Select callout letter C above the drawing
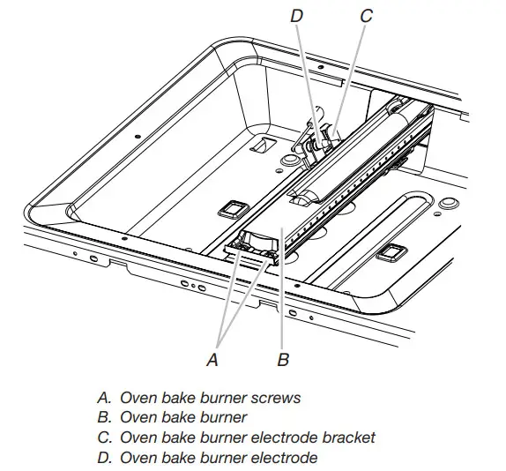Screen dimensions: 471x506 367,16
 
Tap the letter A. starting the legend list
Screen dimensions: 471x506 103,398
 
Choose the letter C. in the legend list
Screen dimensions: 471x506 103,437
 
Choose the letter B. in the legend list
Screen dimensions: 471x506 103,417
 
